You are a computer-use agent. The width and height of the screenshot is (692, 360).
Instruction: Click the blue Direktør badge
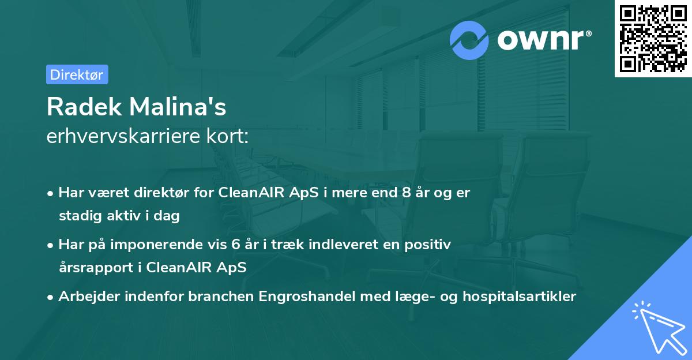(x=77, y=74)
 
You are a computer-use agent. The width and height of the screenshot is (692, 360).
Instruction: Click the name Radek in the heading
(x=84, y=107)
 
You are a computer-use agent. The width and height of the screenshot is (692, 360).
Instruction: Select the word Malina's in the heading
(x=178, y=107)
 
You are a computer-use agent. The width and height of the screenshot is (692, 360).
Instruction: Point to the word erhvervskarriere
(x=123, y=136)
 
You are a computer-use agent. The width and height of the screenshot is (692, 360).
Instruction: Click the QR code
(x=653, y=39)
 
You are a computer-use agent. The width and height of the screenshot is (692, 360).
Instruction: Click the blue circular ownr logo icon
(x=469, y=40)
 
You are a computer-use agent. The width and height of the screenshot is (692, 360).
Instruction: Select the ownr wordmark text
(x=541, y=40)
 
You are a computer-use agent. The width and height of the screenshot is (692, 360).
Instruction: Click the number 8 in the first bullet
(x=407, y=193)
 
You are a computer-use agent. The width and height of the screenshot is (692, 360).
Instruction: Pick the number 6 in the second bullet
(x=236, y=245)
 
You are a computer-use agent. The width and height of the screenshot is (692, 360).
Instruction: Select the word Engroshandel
(x=307, y=297)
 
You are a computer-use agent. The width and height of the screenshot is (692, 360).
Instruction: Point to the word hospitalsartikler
(x=520, y=297)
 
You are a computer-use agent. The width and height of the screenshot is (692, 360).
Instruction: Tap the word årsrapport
(x=96, y=268)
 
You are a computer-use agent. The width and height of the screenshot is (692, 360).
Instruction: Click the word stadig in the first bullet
(x=80, y=216)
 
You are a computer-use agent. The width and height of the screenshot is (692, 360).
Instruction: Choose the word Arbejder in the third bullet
(x=89, y=297)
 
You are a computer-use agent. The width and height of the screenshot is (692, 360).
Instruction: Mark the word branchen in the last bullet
(x=221, y=297)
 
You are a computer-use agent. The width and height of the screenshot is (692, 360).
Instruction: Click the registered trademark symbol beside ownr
(x=588, y=33)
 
